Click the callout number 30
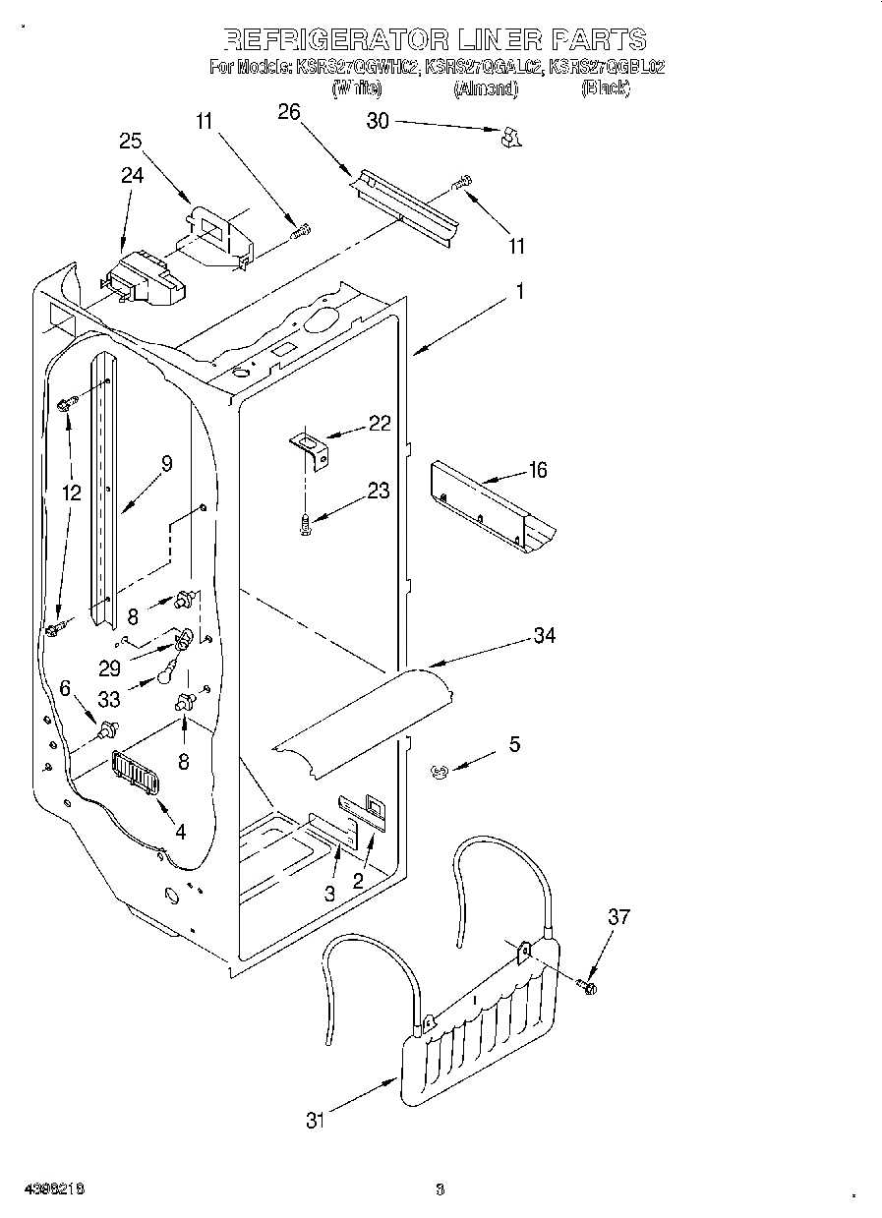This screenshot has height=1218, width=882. pos(378,121)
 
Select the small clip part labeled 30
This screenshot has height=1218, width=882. pos(508,138)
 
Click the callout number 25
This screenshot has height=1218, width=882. pos(131,141)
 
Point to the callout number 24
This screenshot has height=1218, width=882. pos(132,175)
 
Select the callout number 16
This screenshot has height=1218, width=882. pos(537,470)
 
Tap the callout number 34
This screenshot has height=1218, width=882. pos(544,636)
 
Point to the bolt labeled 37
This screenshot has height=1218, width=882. pos(588,984)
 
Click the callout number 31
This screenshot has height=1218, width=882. pos(314,1120)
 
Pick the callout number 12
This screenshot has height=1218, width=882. pos(71,493)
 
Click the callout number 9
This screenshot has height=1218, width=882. pos(166,464)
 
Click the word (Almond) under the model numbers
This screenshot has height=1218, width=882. pos(485,88)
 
